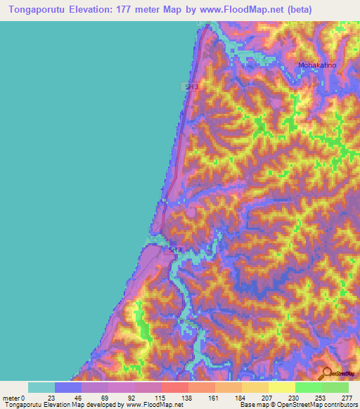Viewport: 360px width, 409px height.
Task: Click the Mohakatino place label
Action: point(318,65)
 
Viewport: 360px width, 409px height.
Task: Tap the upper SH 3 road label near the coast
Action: point(188,86)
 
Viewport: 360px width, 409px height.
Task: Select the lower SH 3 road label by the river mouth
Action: point(175,249)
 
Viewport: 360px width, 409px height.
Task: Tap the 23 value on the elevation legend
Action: point(55,398)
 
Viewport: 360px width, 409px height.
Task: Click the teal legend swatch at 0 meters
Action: point(41,387)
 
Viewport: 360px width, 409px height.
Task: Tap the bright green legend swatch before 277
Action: point(335,387)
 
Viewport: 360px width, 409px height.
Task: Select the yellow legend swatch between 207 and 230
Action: point(282,387)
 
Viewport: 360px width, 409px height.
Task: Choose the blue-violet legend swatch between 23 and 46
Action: point(68,387)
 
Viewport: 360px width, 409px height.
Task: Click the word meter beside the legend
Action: point(11,398)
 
